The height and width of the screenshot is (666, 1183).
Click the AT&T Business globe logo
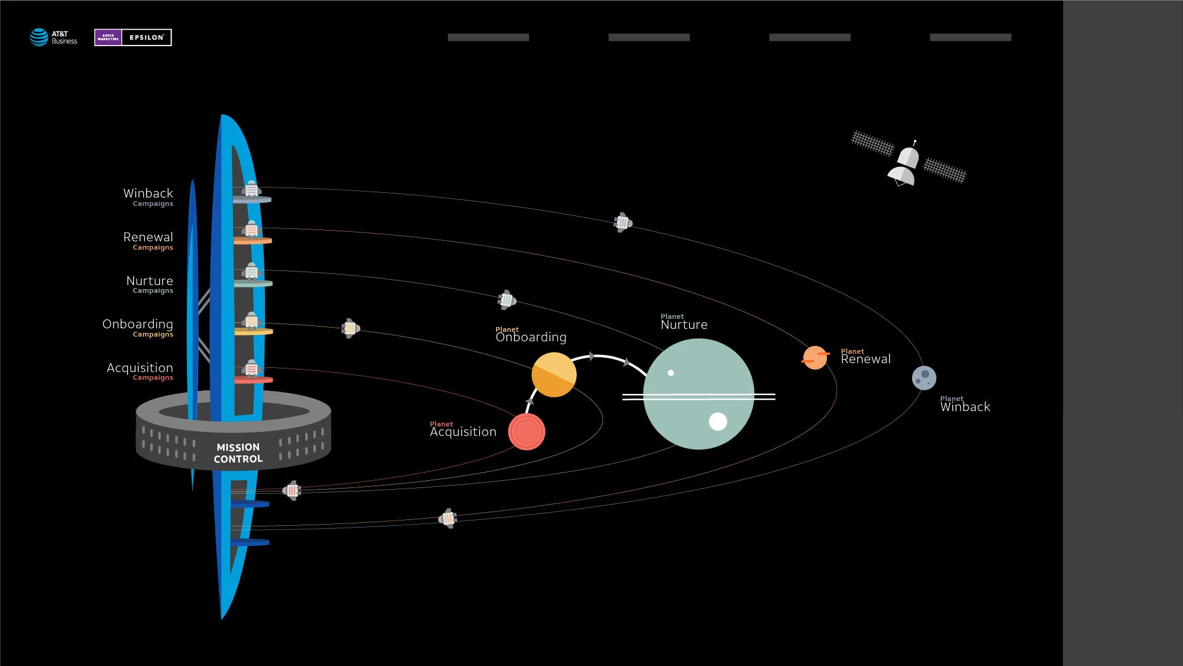39,37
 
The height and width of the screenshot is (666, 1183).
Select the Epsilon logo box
133,37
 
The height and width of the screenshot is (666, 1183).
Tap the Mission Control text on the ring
238,453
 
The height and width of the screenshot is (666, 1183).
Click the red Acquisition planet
526,432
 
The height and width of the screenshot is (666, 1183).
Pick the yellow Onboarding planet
554,374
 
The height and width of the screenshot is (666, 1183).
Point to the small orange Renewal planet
814,358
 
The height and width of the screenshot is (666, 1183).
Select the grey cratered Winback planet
924,378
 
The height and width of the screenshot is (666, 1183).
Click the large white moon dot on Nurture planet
717,421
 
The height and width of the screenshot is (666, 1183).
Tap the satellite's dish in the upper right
901,176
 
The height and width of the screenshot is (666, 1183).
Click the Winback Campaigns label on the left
148,197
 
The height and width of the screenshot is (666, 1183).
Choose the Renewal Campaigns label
148,241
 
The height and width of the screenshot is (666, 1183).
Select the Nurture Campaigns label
150,284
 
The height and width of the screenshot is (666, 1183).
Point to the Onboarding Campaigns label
138,328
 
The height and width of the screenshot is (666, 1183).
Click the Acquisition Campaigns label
140,371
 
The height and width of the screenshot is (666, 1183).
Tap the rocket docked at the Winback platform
251,189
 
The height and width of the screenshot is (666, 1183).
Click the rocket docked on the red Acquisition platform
251,368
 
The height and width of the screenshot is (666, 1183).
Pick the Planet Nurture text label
684,322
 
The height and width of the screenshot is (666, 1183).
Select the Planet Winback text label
965,405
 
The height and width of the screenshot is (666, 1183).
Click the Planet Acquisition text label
463,430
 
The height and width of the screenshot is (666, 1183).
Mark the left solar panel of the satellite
872,143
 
